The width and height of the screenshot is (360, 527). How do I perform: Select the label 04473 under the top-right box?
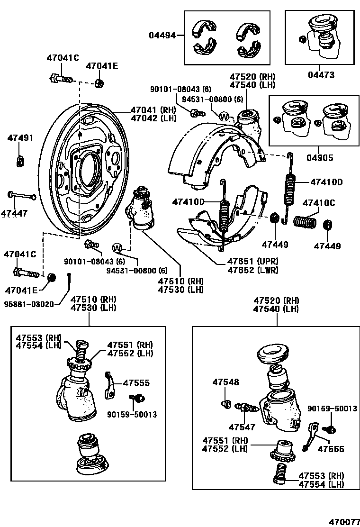(321, 75)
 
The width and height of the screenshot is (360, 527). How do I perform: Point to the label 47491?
(20, 138)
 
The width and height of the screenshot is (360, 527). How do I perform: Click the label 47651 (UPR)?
(252, 262)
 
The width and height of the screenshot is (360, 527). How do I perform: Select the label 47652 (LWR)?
(252, 270)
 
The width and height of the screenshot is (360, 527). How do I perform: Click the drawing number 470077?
(344, 521)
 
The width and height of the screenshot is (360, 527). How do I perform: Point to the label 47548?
(225, 382)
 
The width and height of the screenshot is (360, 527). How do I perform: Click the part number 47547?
(242, 427)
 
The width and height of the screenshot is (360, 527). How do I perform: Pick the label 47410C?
(319, 203)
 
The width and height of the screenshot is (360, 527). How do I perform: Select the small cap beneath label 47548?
(227, 404)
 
